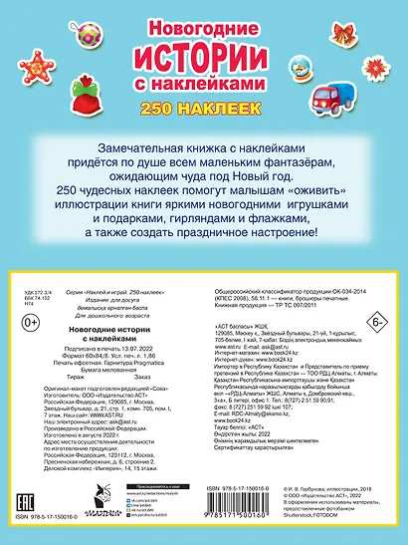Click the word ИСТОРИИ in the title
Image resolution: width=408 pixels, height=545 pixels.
(x=204, y=47)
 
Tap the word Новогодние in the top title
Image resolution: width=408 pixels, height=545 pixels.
(x=204, y=16)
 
